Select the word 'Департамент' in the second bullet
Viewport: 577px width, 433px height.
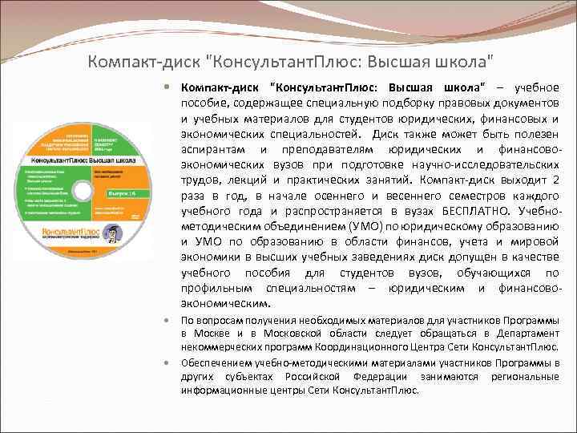[x=526, y=334]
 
